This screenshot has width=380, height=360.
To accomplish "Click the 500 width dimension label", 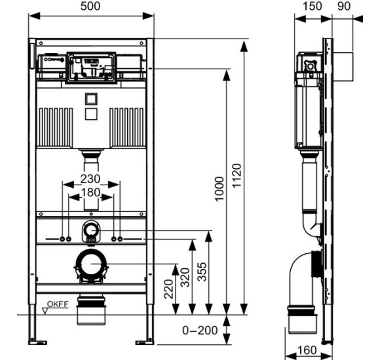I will pos(91,7).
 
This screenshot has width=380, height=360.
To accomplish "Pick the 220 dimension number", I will pos(168,289).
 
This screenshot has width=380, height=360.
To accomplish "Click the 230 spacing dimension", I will pos(90,179).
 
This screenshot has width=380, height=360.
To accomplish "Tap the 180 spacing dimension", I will pos(90,193).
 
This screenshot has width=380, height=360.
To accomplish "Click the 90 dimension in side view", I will pos(344,7).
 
